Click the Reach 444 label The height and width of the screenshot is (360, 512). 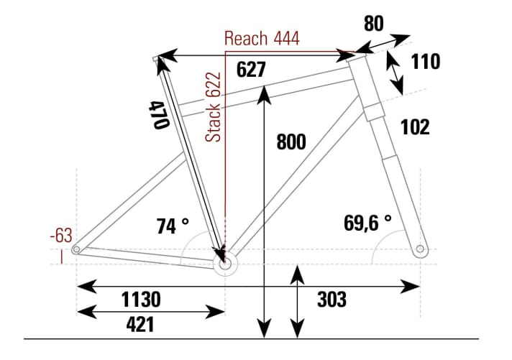[x=262, y=38]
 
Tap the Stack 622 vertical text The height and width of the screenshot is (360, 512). [x=214, y=106]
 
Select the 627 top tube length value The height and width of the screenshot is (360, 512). [x=251, y=70]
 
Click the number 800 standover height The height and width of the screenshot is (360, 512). [x=291, y=142]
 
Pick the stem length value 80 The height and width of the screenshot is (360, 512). [x=373, y=24]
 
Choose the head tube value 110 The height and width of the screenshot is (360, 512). [x=426, y=63]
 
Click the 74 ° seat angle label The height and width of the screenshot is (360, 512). [x=173, y=226]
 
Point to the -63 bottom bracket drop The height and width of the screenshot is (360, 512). [x=61, y=236]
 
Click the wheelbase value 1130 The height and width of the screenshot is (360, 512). [x=140, y=299]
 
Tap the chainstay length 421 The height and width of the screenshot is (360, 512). [x=140, y=324]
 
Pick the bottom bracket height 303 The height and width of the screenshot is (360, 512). [x=332, y=299]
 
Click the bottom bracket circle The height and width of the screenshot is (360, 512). [x=226, y=264]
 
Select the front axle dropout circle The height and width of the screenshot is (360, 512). [x=420, y=249]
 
